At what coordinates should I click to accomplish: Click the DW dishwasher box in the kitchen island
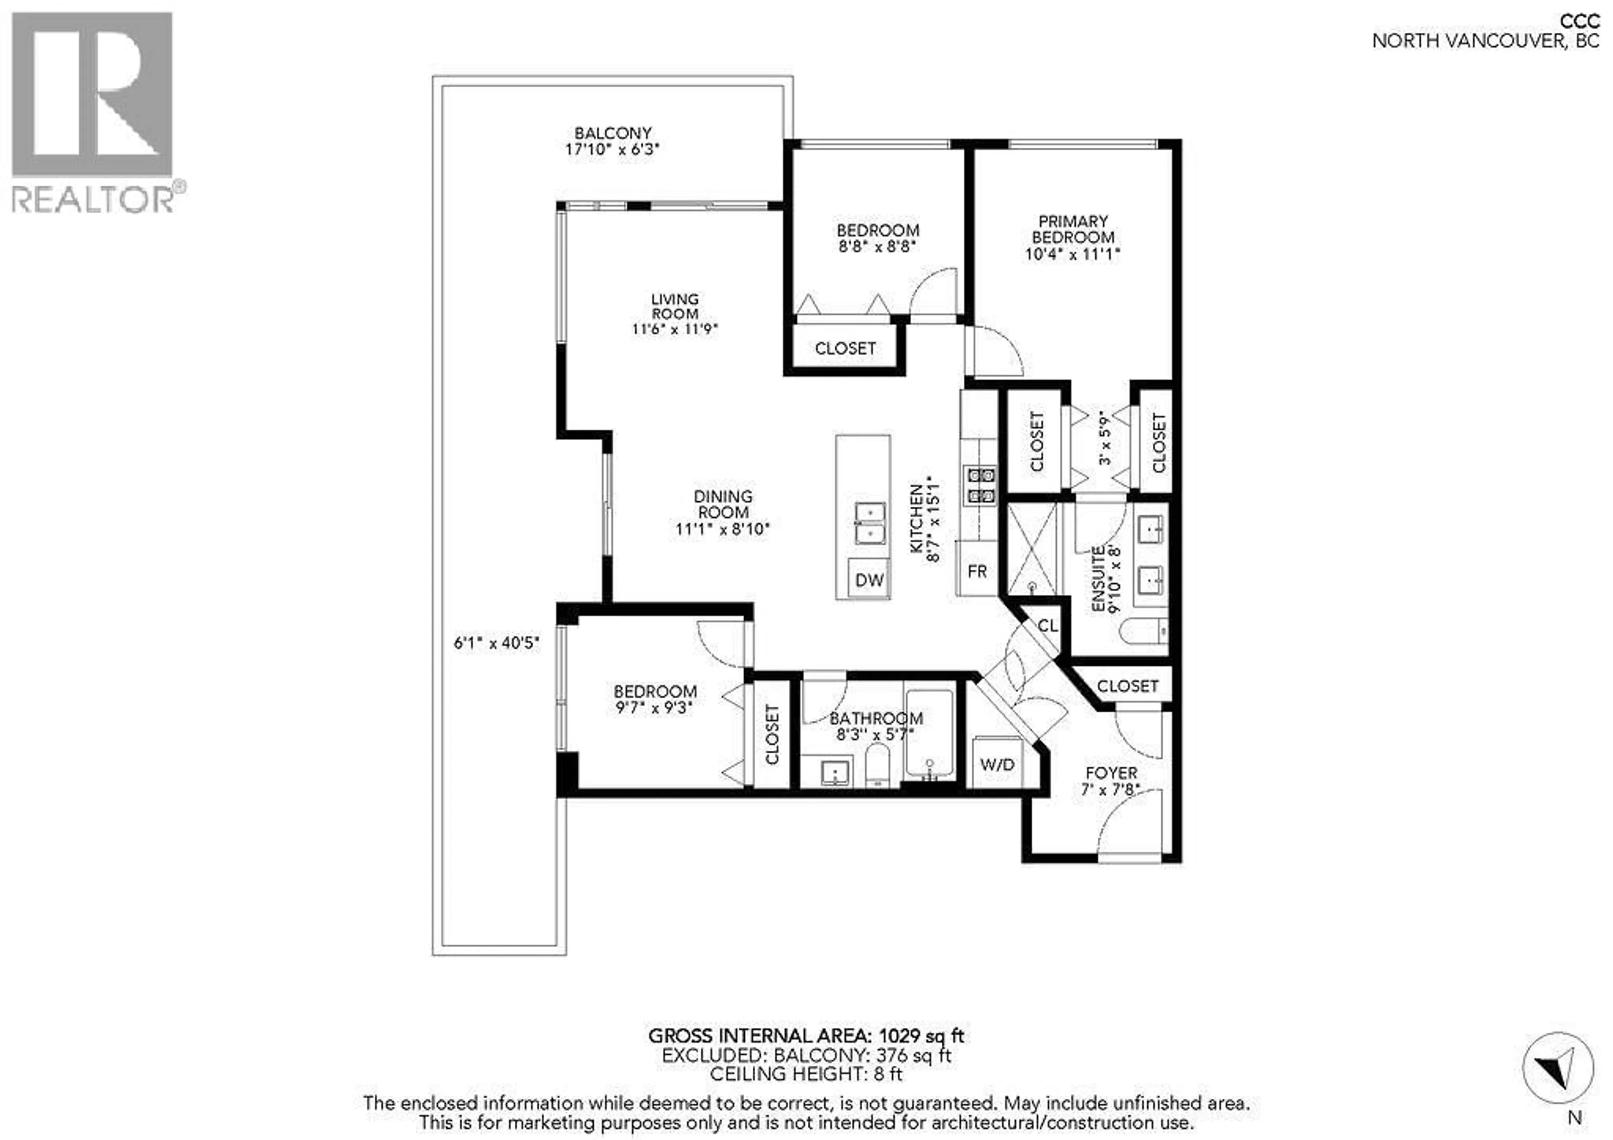869,579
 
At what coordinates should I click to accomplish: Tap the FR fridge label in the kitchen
977,571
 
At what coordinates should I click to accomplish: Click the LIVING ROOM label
675,306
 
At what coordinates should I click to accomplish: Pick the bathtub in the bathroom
929,734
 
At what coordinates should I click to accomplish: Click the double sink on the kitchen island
870,523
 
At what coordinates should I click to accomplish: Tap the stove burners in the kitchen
981,485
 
